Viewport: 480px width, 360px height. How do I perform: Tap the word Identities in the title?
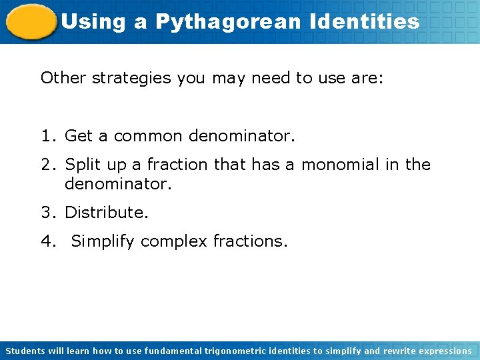(x=365, y=22)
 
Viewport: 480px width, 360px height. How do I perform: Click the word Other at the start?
(x=63, y=78)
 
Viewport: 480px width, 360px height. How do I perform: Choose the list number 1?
(x=45, y=137)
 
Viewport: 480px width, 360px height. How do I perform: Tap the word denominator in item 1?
(x=241, y=137)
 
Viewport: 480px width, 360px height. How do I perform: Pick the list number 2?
(x=45, y=164)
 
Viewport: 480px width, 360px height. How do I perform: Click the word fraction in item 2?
(x=180, y=164)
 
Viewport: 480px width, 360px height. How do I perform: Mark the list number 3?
(x=45, y=213)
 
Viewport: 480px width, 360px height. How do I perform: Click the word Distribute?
(x=107, y=213)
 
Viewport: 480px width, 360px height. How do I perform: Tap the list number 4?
(x=45, y=241)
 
